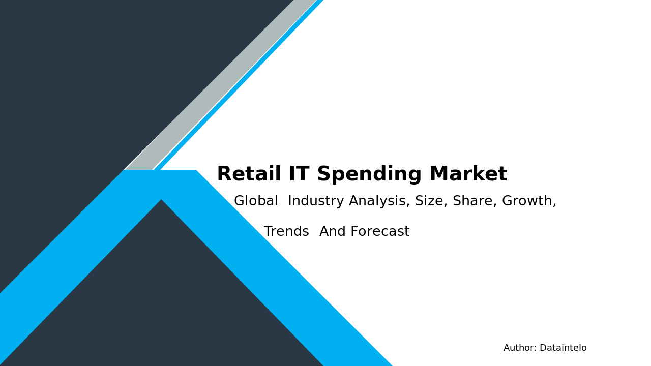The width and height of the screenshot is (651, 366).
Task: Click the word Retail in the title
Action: [x=248, y=174]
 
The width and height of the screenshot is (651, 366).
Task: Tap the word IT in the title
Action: [x=299, y=174]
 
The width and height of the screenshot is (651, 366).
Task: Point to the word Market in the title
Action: [x=468, y=174]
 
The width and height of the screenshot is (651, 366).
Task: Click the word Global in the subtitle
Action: [x=256, y=201]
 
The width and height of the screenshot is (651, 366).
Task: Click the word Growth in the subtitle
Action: [x=528, y=202]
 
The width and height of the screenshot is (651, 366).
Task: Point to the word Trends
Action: [x=286, y=232]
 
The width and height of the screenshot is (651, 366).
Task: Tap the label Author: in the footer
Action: [x=520, y=348]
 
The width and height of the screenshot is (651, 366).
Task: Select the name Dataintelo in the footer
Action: [x=563, y=348]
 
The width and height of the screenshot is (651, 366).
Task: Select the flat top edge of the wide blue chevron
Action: [x=160, y=171]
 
